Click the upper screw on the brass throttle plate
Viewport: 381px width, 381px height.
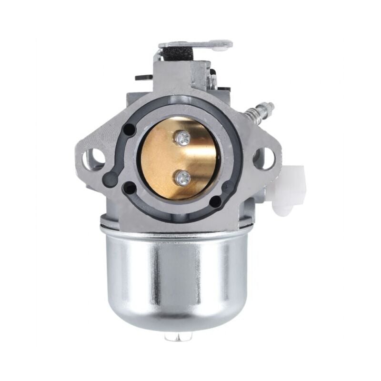pos(182,139)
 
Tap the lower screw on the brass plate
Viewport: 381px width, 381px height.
pos(183,178)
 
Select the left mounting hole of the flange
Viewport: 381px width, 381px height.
pos(94,159)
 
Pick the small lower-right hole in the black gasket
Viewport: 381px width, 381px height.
pos(215,201)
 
